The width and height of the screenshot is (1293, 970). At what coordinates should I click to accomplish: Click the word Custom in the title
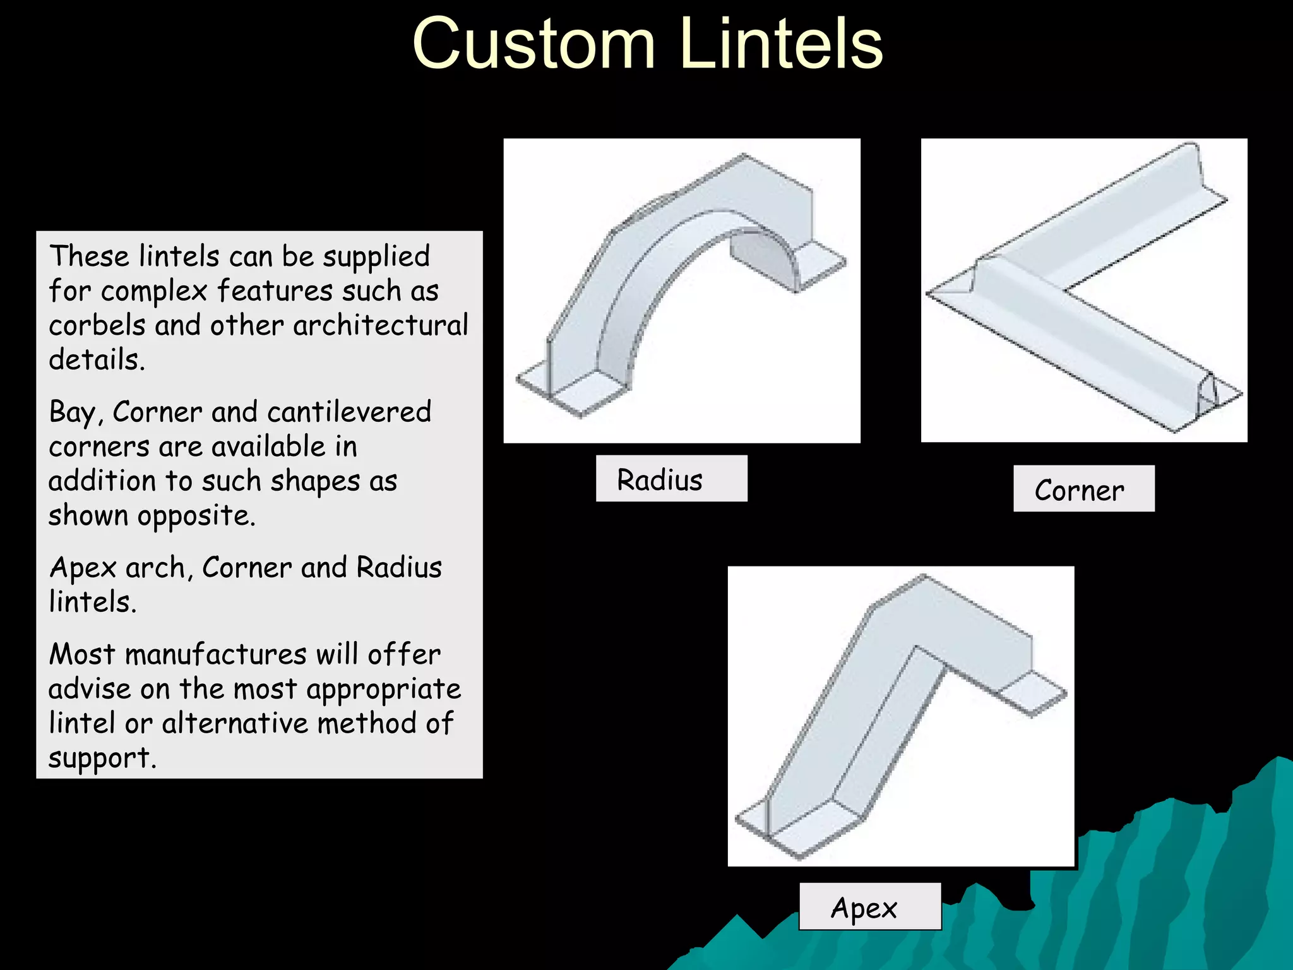(x=533, y=44)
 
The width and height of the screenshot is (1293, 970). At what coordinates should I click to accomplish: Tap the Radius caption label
(x=671, y=479)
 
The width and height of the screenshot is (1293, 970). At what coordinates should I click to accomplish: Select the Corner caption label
(x=1083, y=489)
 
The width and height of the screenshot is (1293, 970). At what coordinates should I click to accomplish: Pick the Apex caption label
(x=869, y=907)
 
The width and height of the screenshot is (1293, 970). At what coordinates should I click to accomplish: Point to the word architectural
(x=380, y=325)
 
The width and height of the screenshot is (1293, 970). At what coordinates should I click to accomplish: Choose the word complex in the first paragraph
(x=154, y=290)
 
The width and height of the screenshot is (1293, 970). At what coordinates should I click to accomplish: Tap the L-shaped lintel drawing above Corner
(x=1083, y=290)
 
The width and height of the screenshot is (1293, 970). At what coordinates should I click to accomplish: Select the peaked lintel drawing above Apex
(x=900, y=716)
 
